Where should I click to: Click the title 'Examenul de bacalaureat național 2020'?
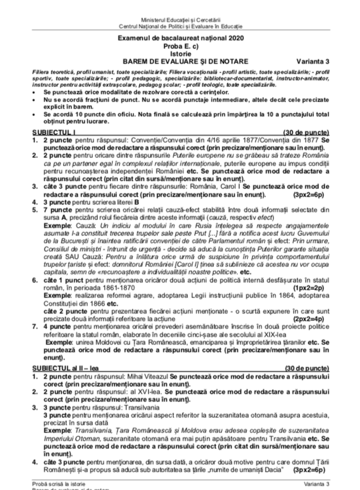(x=180, y=39)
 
